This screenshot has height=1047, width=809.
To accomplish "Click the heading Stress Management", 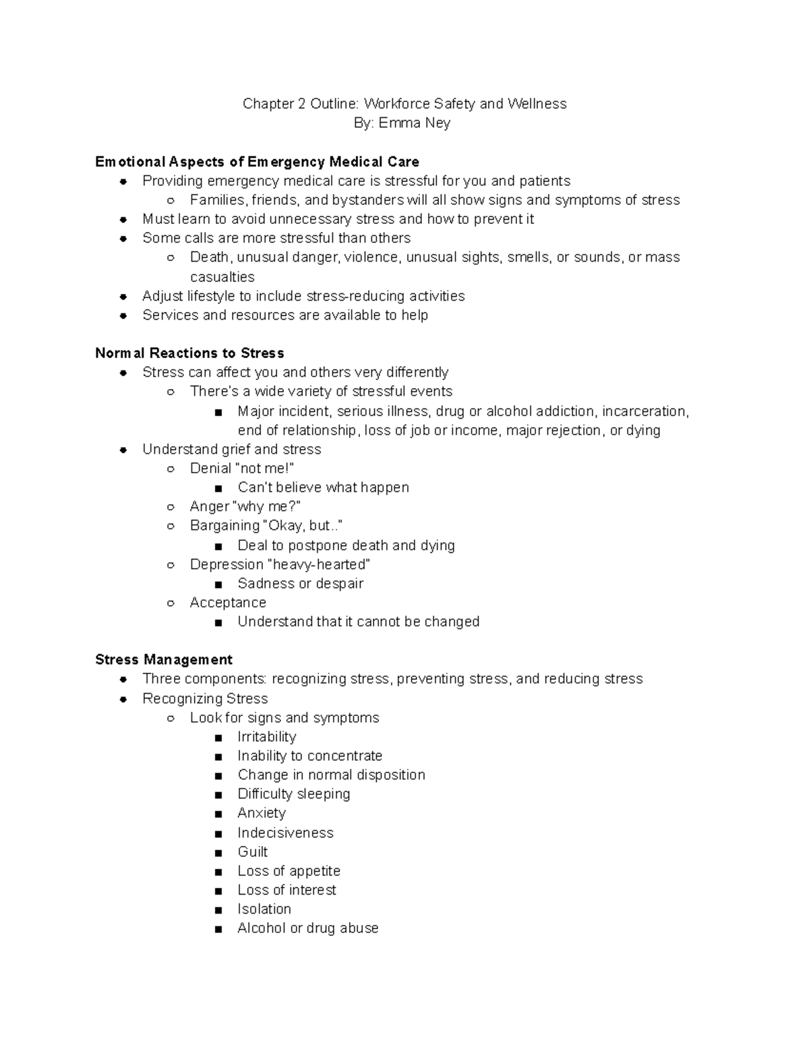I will (164, 659).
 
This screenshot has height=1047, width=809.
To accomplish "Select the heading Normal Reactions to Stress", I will (189, 353).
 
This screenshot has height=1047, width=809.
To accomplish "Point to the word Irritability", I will (266, 737).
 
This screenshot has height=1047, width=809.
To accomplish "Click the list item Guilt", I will (252, 851).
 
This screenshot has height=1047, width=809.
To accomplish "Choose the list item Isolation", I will (264, 909).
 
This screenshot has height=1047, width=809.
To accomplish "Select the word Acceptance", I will (228, 603).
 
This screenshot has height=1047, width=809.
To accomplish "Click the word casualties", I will (222, 277).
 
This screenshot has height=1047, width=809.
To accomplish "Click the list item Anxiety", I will (262, 813).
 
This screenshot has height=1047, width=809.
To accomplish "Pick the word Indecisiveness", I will (285, 833).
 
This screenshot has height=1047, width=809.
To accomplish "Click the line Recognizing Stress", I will (205, 698).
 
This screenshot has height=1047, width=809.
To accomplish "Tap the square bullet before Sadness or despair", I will (218, 585).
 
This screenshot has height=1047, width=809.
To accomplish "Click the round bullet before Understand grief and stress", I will (123, 450).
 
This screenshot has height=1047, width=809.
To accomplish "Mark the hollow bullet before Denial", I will (171, 469).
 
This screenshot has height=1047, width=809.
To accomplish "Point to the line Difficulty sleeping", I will (293, 794).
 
